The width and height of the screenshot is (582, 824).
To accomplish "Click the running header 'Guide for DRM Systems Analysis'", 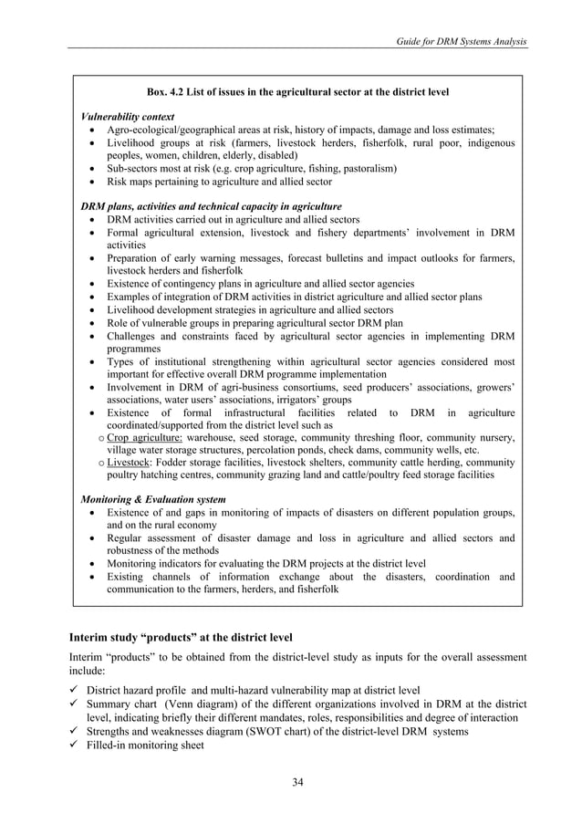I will point(456,42).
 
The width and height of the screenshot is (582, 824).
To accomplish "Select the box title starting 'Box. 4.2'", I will point(297,92).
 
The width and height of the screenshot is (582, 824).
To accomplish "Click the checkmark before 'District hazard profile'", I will point(74,689).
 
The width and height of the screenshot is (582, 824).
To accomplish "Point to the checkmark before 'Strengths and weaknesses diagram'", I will point(74,733).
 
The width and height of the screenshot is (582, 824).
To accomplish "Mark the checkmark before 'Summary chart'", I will point(74,704).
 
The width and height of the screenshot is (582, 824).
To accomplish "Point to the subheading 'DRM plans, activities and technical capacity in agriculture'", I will point(212,206).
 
